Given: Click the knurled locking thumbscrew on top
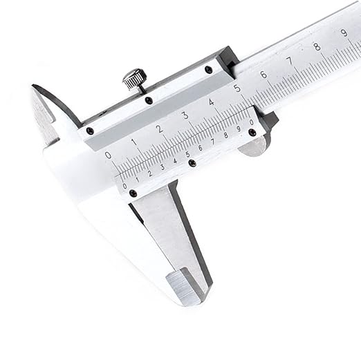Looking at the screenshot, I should tap(135, 79).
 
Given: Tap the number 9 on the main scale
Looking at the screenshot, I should tap(344, 33).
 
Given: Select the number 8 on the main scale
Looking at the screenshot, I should tap(317, 47).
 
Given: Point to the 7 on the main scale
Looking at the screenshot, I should tap(289, 61).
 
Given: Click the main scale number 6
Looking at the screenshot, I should tap(263, 75).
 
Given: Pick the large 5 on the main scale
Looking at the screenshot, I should tap(237, 88).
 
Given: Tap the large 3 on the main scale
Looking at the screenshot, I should tap(185, 115).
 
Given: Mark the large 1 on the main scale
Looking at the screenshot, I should tap(133, 142).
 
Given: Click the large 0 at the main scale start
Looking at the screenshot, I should tap(108, 155).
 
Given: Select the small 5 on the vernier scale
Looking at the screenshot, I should tap(187, 155).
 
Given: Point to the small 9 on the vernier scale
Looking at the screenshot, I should tap(238, 129).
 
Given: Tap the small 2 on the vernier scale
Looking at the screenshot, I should tap(149, 173).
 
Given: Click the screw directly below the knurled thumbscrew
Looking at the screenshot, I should tap(149, 101).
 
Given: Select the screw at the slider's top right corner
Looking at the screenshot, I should tap(208, 69).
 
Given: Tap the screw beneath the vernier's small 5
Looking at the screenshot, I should tap(192, 164).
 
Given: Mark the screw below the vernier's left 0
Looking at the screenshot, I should tap(133, 193).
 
